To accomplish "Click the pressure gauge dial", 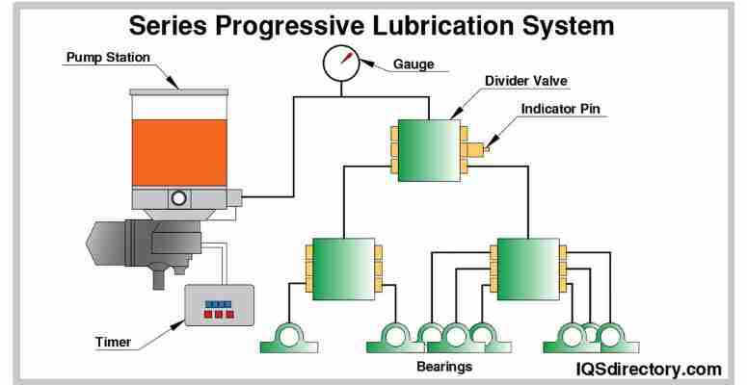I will point(338,65).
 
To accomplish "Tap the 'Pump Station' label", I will point(107,58).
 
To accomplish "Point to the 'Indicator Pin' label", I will point(561,109).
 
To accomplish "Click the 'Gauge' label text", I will point(414,65).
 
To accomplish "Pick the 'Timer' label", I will point(113,341).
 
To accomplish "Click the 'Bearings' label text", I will point(444,367).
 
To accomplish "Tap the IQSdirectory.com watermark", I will point(648,369).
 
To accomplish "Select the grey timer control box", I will point(219,306).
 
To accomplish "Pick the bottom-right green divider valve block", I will point(527,269).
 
